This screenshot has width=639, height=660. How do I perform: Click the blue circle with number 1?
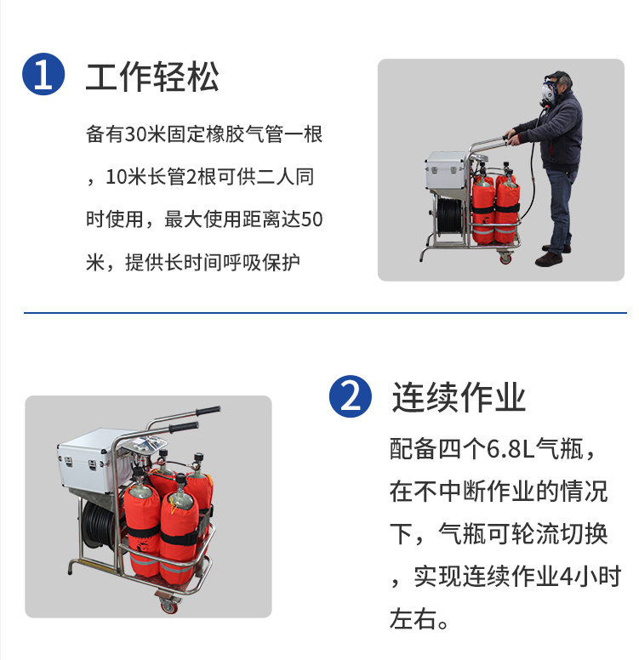[x=43, y=74]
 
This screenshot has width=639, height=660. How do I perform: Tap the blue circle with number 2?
[x=350, y=396]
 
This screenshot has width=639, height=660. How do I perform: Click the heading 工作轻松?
[x=152, y=77]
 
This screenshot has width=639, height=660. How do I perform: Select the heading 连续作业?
[x=459, y=397]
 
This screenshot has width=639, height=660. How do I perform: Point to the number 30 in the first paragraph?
[x=135, y=134]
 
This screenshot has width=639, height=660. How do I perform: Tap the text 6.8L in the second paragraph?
[x=511, y=449]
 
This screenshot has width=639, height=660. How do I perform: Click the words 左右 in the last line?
[x=414, y=619]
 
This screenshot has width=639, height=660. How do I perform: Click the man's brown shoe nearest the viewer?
[x=549, y=259]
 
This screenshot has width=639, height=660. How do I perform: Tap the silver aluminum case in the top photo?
[x=446, y=170]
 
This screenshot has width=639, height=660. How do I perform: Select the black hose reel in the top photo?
[x=450, y=216]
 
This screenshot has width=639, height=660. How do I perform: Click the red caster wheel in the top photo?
[x=505, y=258]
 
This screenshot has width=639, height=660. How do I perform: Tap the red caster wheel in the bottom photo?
[x=170, y=606]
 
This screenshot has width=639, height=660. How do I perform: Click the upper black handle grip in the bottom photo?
[x=208, y=411]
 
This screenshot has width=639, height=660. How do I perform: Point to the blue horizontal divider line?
[x=325, y=313]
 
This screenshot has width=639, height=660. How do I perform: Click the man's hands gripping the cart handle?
[x=511, y=137]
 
